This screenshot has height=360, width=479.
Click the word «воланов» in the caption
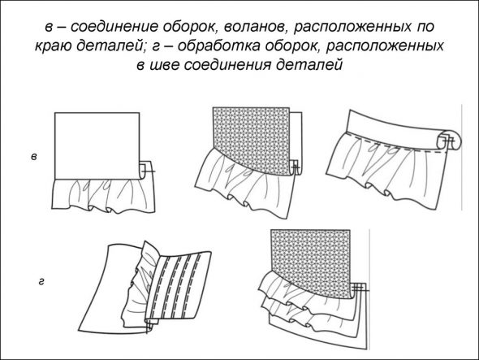(257, 27)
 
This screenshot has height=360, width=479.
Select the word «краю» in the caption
(53, 46)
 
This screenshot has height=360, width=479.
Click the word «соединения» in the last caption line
(227, 65)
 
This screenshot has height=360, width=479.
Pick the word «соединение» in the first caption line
(114, 27)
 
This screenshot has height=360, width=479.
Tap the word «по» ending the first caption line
(425, 27)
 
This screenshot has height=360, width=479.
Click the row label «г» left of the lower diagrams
(41, 281)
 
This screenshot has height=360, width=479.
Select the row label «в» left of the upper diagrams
(34, 157)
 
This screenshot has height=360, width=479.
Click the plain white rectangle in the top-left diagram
(97, 145)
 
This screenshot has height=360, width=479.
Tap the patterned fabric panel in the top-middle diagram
(251, 139)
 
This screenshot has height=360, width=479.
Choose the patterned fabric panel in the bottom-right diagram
(311, 262)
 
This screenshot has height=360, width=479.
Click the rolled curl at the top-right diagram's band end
(450, 140)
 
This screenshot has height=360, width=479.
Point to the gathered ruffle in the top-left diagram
(103, 197)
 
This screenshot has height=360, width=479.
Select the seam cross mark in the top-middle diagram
(296, 167)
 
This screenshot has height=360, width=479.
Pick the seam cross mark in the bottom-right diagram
(360, 288)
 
